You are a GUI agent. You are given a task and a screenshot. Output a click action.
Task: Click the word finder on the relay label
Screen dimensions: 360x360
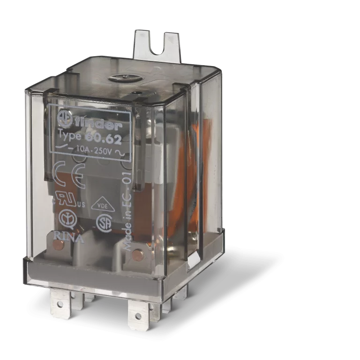click(99, 125)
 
